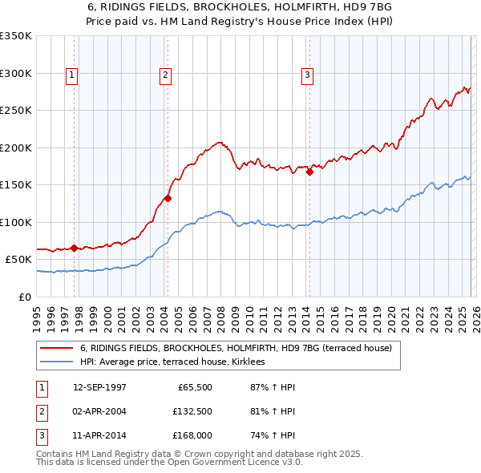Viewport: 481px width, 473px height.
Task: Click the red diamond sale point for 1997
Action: [x=75, y=248]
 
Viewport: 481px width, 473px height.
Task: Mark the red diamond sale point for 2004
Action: [x=168, y=198]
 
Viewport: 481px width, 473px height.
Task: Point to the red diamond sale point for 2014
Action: [x=309, y=172]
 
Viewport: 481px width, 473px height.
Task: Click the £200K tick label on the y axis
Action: [x=16, y=148]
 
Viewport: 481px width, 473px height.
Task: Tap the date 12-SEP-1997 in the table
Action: [x=99, y=387]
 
